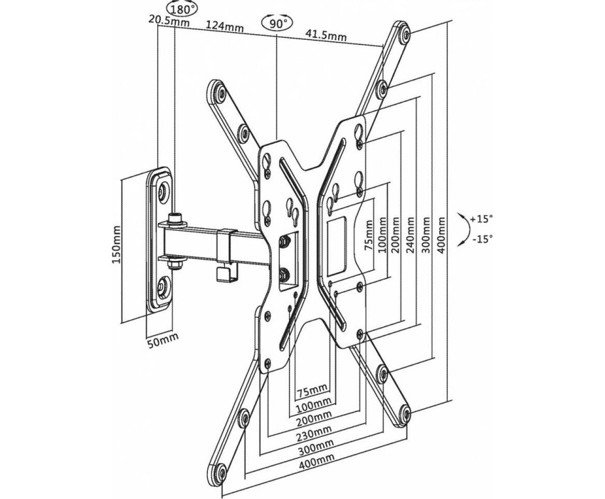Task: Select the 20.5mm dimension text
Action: [x=169, y=19]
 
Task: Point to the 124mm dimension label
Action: [x=224, y=26]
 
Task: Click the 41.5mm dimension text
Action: [x=326, y=35]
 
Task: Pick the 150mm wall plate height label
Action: [x=116, y=244]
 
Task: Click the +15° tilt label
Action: [x=482, y=219]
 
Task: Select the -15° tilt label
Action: [x=483, y=239]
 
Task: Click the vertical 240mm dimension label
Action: [x=410, y=235]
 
